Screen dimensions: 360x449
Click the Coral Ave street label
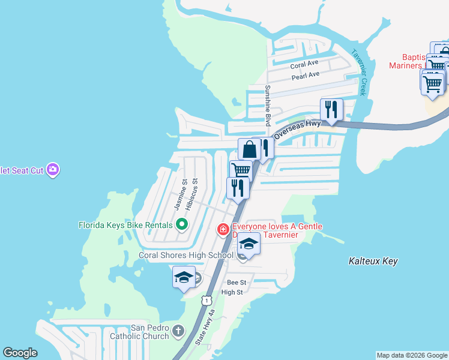304,64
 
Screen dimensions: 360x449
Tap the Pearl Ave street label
306,76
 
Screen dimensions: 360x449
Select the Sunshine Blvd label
268,105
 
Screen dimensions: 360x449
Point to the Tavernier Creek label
358,72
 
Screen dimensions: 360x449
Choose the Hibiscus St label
190,194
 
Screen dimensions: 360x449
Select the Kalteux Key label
373,261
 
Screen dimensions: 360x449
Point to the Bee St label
237,282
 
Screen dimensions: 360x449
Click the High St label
232,292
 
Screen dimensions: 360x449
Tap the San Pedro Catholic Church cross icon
178,331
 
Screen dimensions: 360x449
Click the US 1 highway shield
206,299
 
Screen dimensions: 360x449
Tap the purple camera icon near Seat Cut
53,170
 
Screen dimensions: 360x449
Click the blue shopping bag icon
249,149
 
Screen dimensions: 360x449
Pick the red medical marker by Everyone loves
223,229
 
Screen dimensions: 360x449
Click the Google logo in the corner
20,353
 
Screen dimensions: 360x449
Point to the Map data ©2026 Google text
411,355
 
